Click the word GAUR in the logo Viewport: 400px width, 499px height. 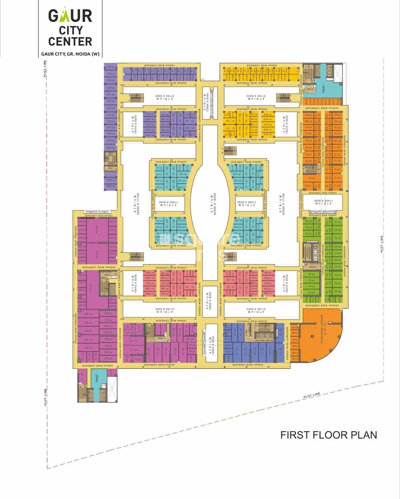70,16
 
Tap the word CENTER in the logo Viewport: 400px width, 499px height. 70,41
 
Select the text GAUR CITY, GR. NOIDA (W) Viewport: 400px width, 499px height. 70,54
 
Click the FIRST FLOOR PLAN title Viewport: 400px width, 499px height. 328,435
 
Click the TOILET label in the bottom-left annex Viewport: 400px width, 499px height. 96,378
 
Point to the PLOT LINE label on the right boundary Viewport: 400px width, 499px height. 382,244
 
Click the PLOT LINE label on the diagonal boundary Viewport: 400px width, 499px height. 311,396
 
